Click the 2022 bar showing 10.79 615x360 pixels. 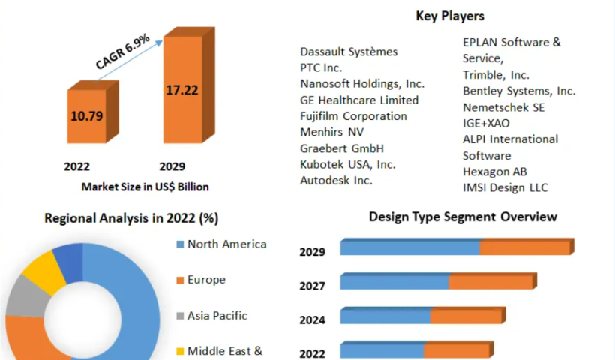[88, 116]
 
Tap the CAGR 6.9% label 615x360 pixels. [123, 52]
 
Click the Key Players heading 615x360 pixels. [450, 16]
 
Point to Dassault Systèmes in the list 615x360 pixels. [349, 52]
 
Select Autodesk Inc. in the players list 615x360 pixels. [336, 181]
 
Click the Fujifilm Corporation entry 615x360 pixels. [353, 116]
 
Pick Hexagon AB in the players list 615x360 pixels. [495, 172]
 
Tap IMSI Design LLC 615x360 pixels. [505, 187]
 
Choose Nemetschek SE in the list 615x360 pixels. [503, 107]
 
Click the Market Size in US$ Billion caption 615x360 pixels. [145, 187]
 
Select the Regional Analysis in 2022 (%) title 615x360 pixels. [131, 218]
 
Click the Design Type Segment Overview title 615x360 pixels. [463, 217]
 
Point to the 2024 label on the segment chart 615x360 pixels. [312, 320]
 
